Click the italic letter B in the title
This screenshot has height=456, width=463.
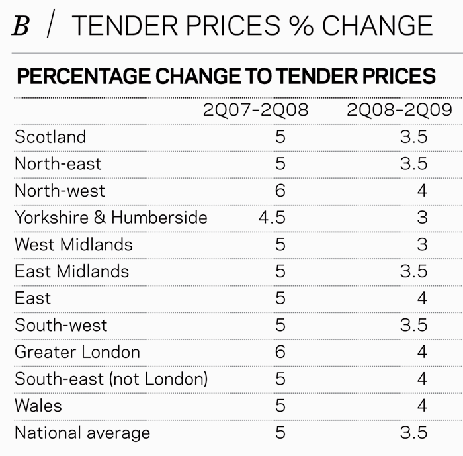coord(22,26)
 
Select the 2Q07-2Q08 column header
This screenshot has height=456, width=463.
coord(255,109)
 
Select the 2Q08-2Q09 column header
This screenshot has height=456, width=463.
coord(400,109)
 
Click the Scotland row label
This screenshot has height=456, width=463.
coord(50,137)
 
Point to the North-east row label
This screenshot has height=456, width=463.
coord(58,163)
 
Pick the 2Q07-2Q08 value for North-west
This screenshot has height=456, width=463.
coord(280,191)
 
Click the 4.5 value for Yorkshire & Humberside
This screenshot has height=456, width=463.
coord(272,218)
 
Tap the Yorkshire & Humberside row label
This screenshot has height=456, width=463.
coord(111,218)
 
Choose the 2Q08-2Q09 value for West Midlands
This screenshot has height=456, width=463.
coord(422,244)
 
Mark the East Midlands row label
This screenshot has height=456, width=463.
coord(71,271)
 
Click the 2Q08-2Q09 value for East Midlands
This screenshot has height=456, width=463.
coord(413,271)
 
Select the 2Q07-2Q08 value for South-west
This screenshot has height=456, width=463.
coord(280,325)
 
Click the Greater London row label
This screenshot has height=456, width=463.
coord(77,352)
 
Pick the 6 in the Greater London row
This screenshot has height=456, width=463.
coord(280,352)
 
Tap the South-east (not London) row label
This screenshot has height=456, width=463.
coord(111,379)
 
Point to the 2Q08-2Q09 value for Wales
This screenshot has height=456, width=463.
coord(422,406)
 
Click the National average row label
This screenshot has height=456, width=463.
coord(82,433)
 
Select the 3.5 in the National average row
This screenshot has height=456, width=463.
coord(413,433)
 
